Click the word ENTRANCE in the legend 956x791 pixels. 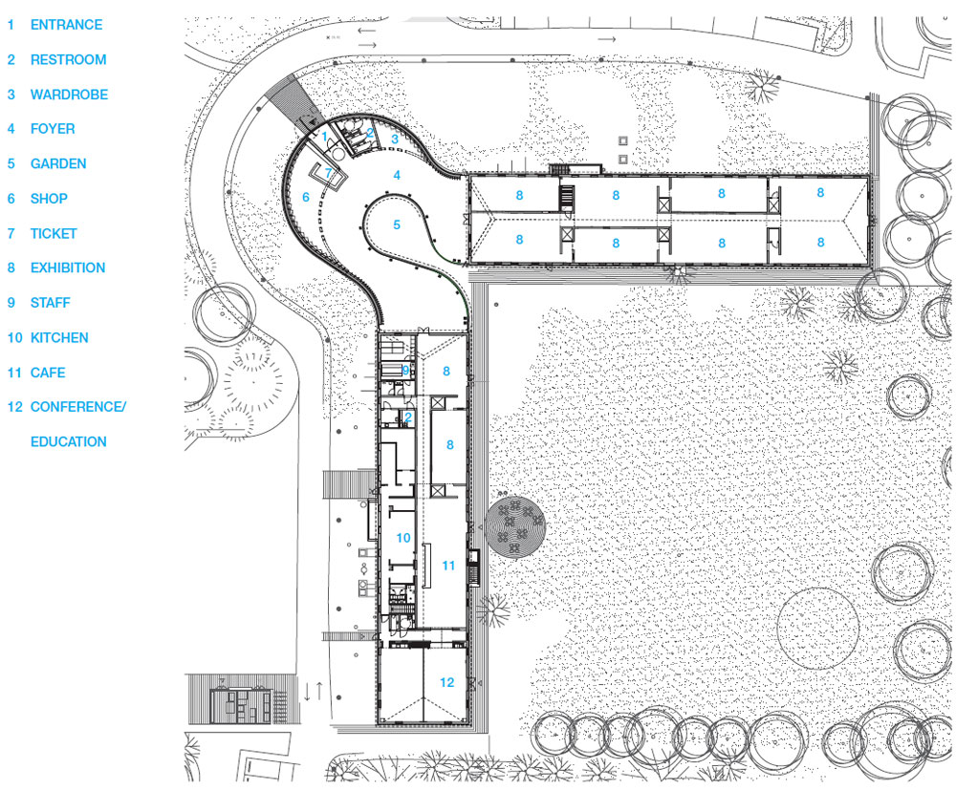point(66,25)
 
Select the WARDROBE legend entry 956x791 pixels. point(69,95)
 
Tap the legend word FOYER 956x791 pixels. point(53,129)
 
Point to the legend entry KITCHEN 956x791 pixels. point(59,338)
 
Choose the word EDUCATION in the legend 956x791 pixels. point(69,442)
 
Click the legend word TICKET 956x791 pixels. point(54,233)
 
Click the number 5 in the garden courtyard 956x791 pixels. point(397,224)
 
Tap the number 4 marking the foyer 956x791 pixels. point(397,176)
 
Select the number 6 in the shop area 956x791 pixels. point(306,198)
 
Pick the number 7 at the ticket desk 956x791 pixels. point(328,173)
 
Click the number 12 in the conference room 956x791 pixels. point(446,682)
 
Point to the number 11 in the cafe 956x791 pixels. point(448,566)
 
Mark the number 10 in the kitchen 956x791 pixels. point(402,539)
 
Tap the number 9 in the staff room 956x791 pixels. point(405,370)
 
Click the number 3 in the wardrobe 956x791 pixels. point(394,139)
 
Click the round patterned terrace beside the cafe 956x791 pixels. point(516,525)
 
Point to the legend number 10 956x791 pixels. point(14,338)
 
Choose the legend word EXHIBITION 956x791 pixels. point(68,268)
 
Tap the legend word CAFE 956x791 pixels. point(48,373)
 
